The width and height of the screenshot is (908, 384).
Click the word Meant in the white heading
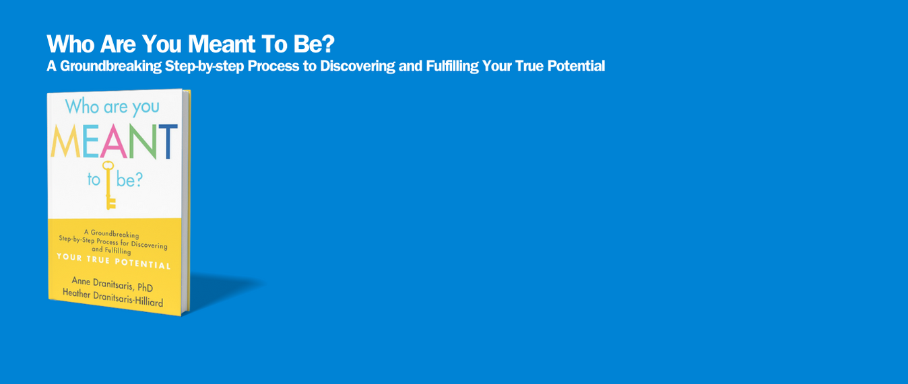tap(222, 44)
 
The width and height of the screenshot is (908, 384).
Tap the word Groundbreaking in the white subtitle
tap(110, 65)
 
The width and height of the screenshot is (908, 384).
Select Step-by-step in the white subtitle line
tap(204, 66)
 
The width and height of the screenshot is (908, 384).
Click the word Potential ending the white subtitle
tap(576, 65)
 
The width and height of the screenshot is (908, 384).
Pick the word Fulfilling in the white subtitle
tap(453, 65)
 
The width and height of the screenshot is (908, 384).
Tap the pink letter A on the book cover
tap(114, 141)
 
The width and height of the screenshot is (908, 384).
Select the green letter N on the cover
tap(142, 142)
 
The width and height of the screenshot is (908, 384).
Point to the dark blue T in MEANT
tap(168, 142)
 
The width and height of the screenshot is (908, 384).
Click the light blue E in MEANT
tap(91, 141)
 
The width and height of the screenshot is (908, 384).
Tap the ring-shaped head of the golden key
tap(108, 165)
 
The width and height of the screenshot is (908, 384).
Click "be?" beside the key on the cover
tap(130, 180)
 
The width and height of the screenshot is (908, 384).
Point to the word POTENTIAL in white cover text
tap(143, 264)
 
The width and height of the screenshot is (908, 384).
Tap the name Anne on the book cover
tap(81, 282)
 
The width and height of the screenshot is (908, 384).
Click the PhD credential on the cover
tap(145, 287)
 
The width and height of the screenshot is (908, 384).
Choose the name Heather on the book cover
tap(76, 293)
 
